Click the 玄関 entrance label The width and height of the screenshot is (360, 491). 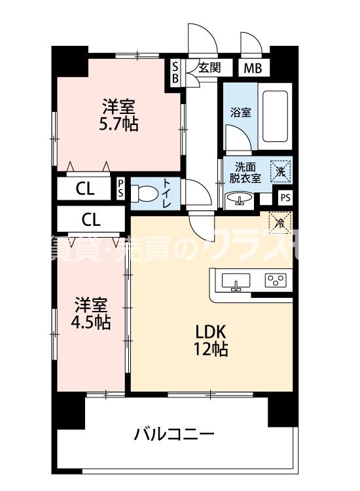(x=210, y=67)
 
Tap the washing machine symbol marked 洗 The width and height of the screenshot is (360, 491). (x=280, y=171)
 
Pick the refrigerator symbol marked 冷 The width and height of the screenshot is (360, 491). (x=279, y=223)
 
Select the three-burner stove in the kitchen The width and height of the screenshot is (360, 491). (x=276, y=281)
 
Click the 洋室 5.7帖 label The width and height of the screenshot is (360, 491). (x=119, y=115)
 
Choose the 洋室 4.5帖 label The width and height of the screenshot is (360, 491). (x=92, y=314)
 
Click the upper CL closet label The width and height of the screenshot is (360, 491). (x=84, y=190)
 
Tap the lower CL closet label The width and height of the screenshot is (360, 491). (x=91, y=218)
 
